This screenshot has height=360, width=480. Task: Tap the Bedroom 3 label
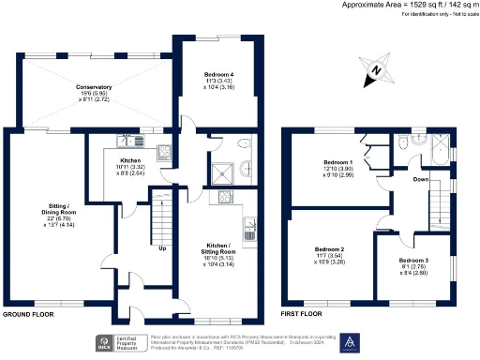coord(414,264)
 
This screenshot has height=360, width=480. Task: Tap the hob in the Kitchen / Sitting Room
coord(225,197)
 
